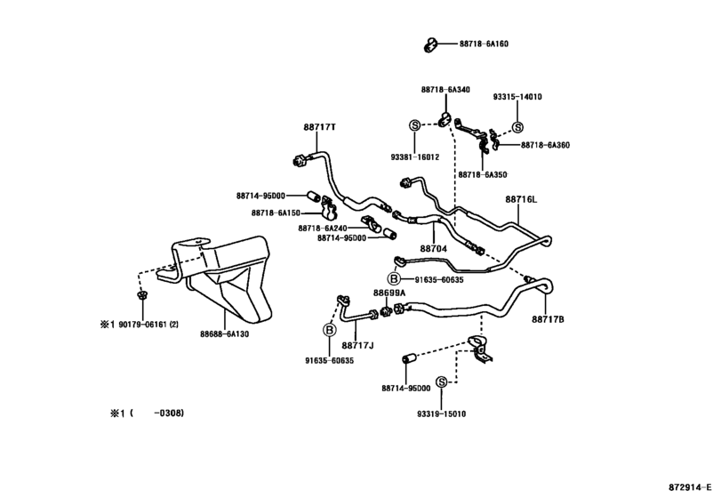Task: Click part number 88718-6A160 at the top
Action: tap(484, 44)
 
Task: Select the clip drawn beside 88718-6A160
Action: tap(430, 44)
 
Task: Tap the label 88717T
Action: tap(319, 127)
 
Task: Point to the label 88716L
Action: tap(521, 199)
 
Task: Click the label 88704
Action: tap(433, 249)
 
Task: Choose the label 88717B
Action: tap(548, 319)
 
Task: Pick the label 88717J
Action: tap(357, 345)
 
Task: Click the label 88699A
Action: tap(389, 293)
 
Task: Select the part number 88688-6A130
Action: tap(224, 334)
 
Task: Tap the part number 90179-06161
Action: tap(142, 325)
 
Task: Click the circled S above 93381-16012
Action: tap(415, 124)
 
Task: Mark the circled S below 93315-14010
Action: tap(517, 127)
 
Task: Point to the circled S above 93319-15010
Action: tap(441, 382)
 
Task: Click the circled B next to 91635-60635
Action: tap(394, 278)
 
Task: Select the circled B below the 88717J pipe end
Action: tap(329, 330)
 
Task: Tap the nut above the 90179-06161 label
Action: tap(142, 293)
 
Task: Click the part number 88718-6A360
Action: tap(545, 145)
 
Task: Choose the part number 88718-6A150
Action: tap(276, 213)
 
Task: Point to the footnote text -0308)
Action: tap(169, 413)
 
